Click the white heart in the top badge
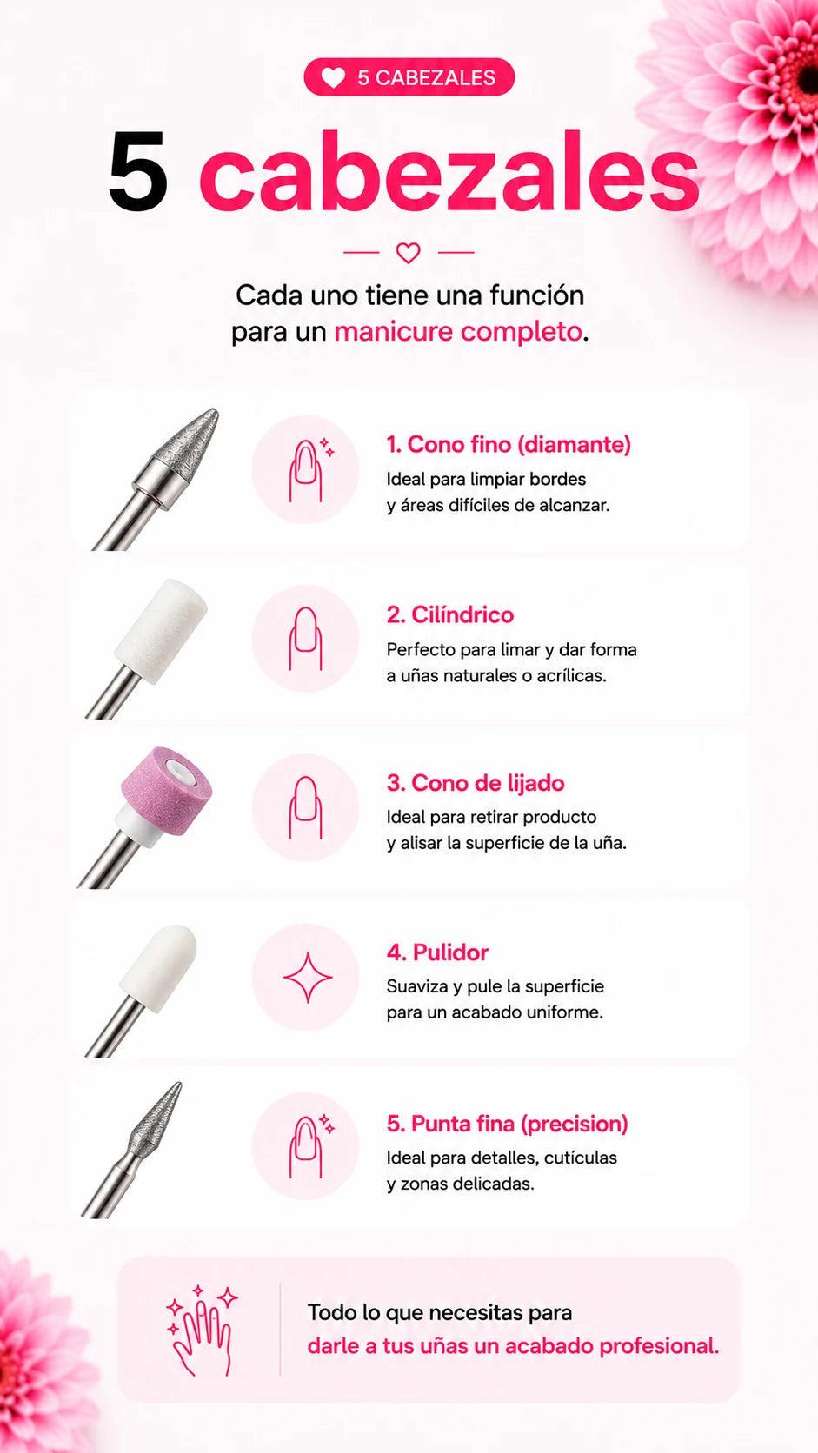point(334,77)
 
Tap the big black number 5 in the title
point(137,172)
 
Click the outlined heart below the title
point(408,252)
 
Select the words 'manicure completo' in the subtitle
point(458,331)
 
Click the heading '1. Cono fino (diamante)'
point(509,444)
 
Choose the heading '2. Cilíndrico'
point(450,614)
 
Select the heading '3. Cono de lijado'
point(476,783)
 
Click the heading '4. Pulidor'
point(437,952)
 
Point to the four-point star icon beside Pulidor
point(308,978)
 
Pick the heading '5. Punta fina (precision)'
point(508,1124)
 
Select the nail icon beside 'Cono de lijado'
point(305,807)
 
